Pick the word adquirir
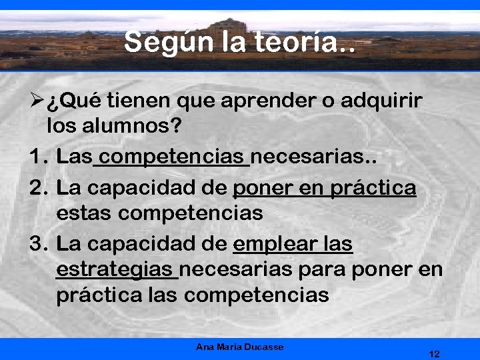coord(381,101)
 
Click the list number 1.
coord(36,157)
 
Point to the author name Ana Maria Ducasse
coord(239,347)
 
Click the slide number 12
coord(434,353)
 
